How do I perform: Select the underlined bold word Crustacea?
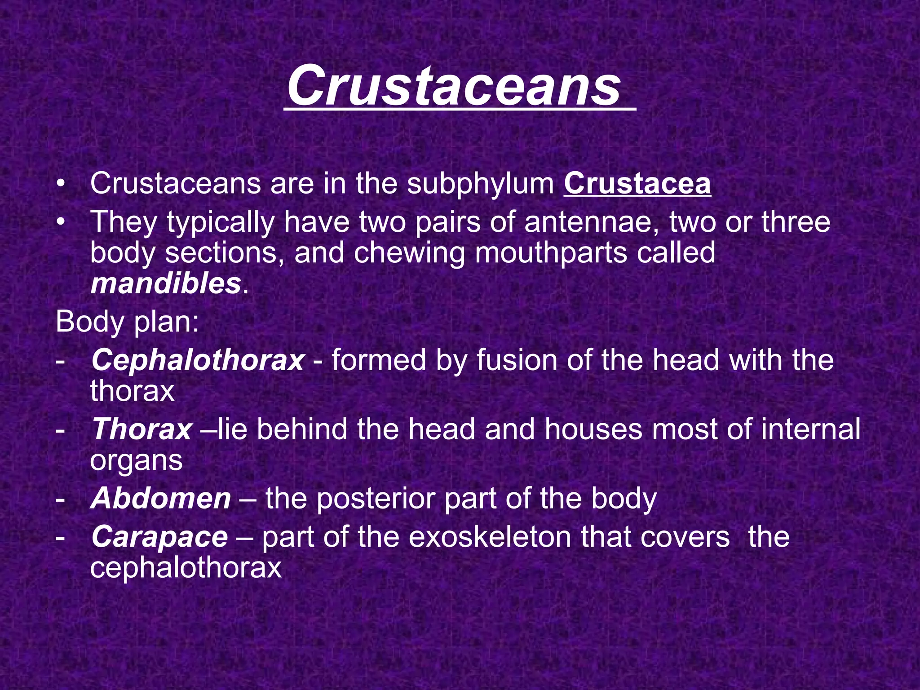click(x=637, y=184)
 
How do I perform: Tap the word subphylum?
click(x=481, y=185)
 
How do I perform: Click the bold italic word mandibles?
click(x=166, y=284)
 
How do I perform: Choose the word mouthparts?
click(x=550, y=253)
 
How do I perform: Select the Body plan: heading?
click(x=127, y=322)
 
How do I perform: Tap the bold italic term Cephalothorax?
click(x=198, y=360)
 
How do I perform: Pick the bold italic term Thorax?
click(x=142, y=429)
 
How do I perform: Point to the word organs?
click(x=136, y=461)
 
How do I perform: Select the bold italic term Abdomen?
click(x=161, y=499)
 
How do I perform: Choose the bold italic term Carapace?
click(x=159, y=537)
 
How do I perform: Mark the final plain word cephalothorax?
click(x=186, y=568)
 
